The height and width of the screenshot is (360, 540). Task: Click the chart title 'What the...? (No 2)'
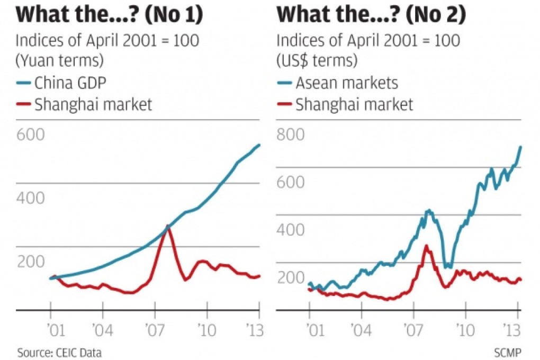pyautogui.click(x=371, y=14)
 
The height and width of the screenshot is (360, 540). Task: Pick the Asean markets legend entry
pyautogui.click(x=346, y=83)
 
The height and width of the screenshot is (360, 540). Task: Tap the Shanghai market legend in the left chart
pyautogui.click(x=93, y=104)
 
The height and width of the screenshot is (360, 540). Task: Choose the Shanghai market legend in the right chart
pyautogui.click(x=354, y=104)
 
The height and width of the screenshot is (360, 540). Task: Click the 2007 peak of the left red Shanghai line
pyautogui.click(x=168, y=227)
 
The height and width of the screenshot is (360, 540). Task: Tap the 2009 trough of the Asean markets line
pyautogui.click(x=448, y=266)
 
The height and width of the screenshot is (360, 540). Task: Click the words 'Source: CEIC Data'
pyautogui.click(x=59, y=352)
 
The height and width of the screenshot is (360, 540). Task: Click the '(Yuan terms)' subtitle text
pyautogui.click(x=59, y=60)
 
